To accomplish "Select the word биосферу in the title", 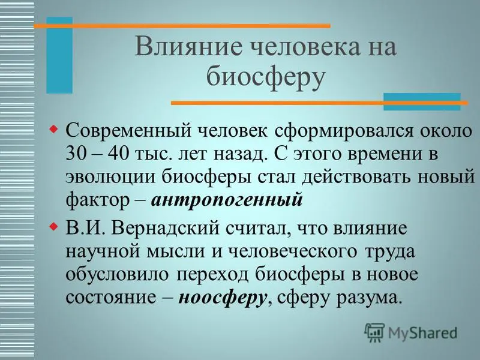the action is pos(265,77).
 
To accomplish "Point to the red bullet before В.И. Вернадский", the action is pos(54,227).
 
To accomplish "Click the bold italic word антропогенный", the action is pos(227,200).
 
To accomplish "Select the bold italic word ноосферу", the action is pos(222,298).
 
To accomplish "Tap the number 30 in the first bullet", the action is pos(76,153).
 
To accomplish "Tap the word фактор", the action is pos(97,201).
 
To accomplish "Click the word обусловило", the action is pos(117,274).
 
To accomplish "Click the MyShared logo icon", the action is pos(374,332).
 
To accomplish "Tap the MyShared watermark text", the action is pos(422,332).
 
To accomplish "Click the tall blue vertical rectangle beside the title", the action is pos(59,55).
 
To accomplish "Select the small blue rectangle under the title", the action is pos(422,101).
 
